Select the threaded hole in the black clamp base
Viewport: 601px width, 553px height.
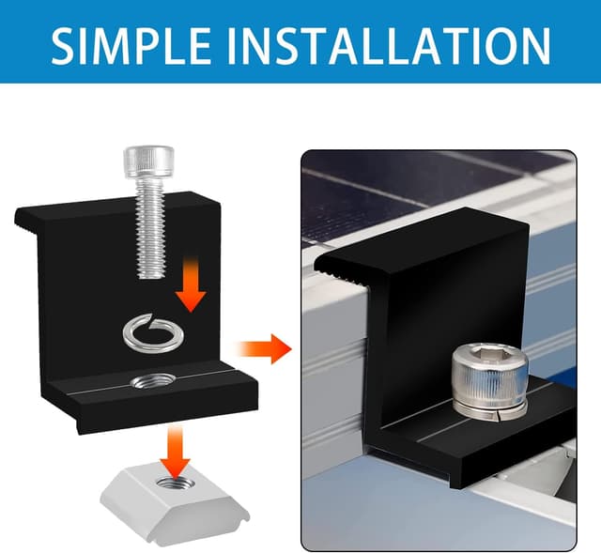tap(147, 380)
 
